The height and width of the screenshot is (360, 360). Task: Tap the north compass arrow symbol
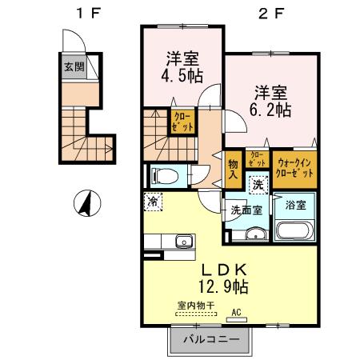click(84, 204)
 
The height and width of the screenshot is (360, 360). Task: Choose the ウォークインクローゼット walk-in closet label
click(294, 167)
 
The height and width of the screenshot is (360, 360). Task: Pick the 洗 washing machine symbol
click(258, 184)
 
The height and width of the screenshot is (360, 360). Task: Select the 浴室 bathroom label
click(295, 205)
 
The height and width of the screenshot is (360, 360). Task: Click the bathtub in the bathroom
click(295, 231)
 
